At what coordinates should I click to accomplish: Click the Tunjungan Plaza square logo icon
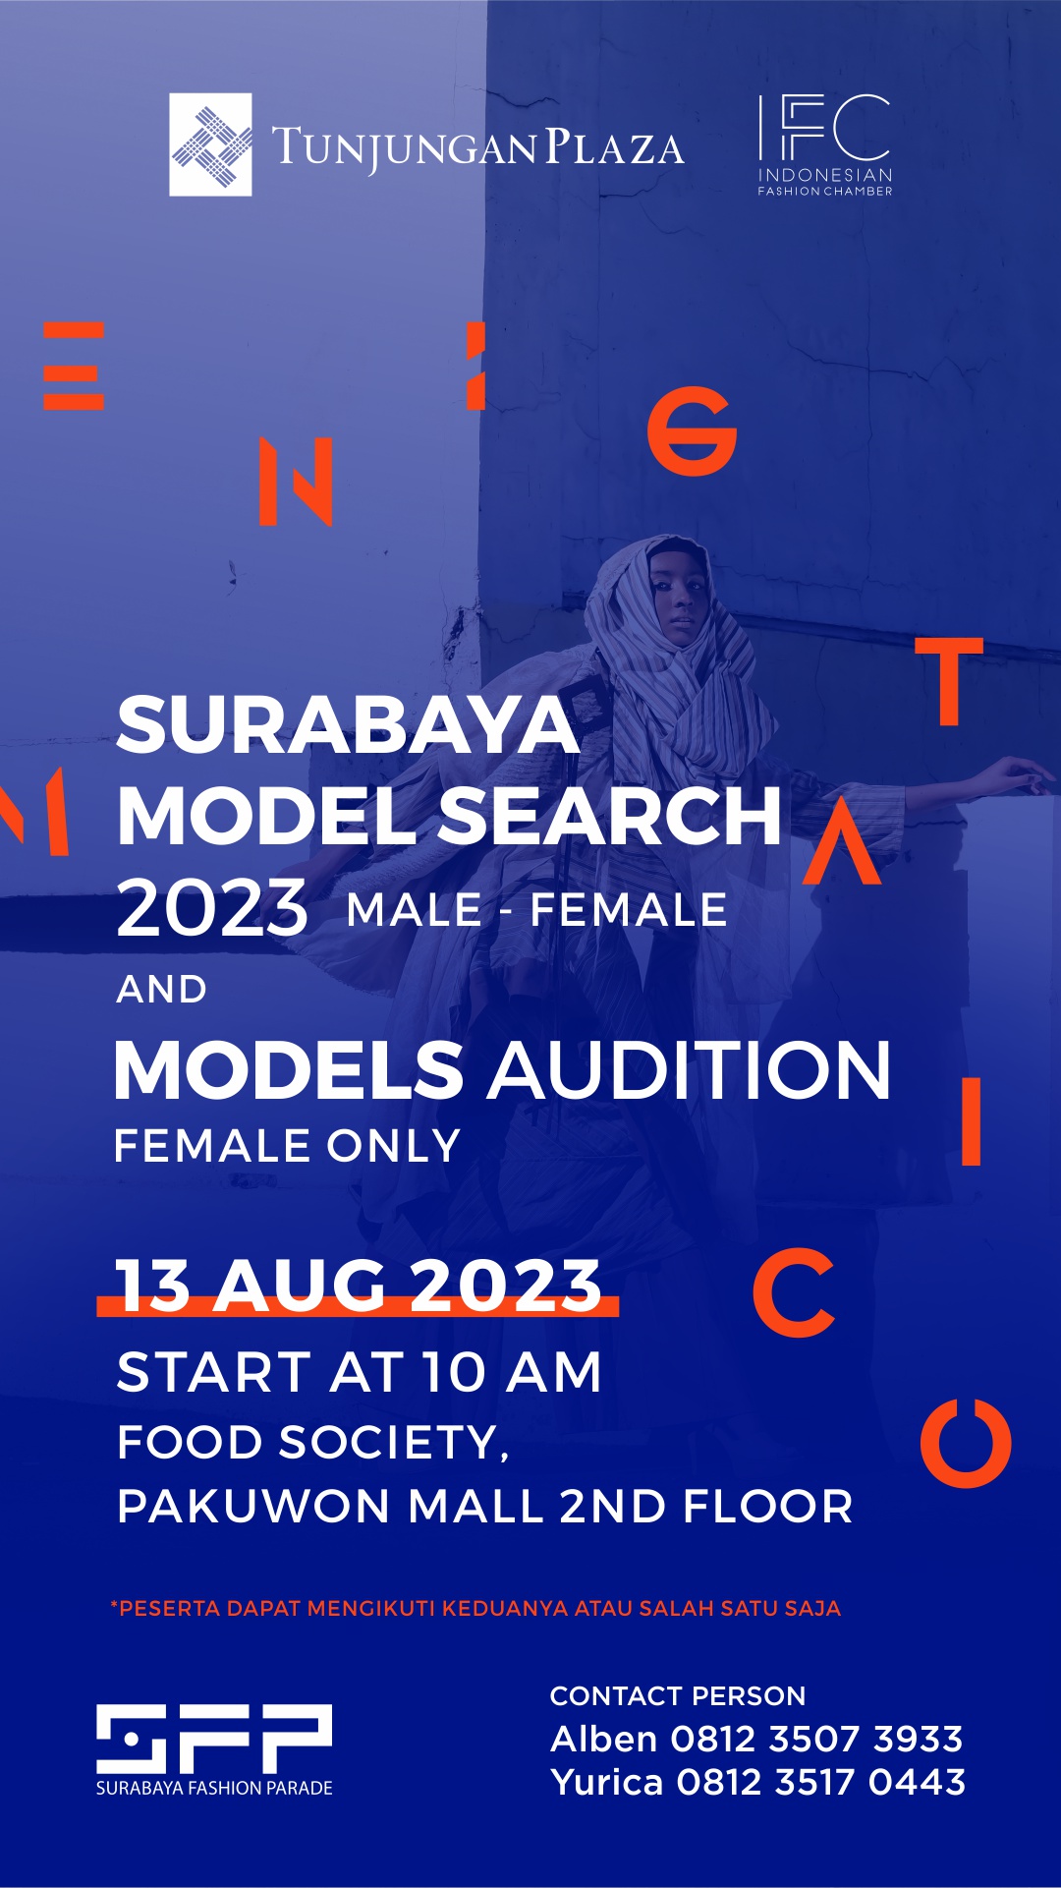[x=210, y=144]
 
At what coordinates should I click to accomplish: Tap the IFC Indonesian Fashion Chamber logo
[x=824, y=144]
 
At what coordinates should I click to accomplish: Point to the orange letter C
[x=794, y=1292]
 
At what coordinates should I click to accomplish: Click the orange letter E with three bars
[x=74, y=366]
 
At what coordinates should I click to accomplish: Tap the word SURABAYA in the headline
[x=348, y=725]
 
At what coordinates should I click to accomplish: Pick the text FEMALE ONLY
[x=287, y=1146]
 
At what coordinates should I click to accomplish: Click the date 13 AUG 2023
[x=359, y=1286]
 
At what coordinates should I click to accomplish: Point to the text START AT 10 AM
[x=359, y=1372]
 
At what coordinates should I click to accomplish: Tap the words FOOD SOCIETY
[x=312, y=1443]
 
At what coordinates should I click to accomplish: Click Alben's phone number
[x=815, y=1739]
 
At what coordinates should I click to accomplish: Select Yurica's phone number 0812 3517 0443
[x=820, y=1782]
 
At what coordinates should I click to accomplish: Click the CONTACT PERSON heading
[x=678, y=1695]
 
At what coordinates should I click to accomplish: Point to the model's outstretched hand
[x=1022, y=775]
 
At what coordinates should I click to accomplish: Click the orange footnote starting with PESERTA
[x=476, y=1609]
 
